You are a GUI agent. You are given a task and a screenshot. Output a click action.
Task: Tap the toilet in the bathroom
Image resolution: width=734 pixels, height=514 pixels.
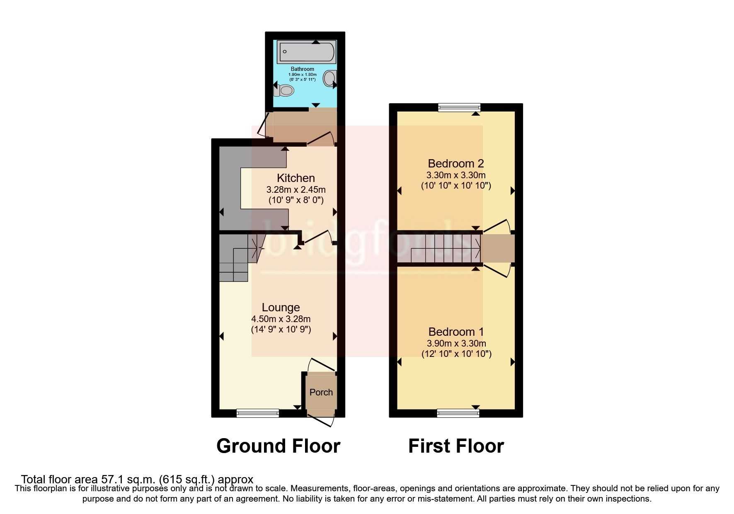(x=283, y=90)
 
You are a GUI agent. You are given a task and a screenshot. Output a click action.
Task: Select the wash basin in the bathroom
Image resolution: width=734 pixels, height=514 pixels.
(x=330, y=78)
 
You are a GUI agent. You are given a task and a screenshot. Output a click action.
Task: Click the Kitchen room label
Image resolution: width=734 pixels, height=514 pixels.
(x=296, y=178)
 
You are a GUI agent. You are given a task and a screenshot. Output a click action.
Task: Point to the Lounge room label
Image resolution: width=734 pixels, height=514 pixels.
(x=281, y=308)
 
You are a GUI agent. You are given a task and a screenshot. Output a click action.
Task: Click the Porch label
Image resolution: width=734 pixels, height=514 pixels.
(x=321, y=392)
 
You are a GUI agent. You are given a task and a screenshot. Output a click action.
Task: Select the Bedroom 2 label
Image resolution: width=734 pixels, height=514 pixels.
(x=456, y=163)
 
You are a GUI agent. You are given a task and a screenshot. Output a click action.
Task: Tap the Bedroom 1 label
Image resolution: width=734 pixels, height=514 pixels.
(x=456, y=332)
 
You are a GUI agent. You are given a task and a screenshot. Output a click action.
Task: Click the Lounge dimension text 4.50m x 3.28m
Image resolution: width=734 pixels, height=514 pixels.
(x=281, y=319)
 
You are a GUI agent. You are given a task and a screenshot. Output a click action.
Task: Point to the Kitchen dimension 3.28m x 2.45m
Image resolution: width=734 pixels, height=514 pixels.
(x=296, y=190)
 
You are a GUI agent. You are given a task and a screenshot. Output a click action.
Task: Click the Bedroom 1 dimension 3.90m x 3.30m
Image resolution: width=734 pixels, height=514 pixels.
(x=456, y=343)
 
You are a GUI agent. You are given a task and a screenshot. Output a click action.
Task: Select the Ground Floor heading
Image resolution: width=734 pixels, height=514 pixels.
(x=278, y=446)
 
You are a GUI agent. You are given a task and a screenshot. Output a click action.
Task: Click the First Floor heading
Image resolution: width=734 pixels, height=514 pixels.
(x=456, y=446)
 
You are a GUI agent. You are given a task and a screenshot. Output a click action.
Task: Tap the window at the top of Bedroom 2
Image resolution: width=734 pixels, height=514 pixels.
(x=459, y=107)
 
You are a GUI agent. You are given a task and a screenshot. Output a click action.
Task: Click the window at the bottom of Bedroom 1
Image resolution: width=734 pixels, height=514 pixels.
(x=458, y=412)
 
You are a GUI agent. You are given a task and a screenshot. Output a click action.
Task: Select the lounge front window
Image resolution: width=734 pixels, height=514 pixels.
(x=257, y=412)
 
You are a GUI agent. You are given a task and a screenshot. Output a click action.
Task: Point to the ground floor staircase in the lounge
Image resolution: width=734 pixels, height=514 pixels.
(x=236, y=257)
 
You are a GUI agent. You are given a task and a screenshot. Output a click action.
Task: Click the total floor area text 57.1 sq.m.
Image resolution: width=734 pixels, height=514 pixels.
(x=137, y=480)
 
